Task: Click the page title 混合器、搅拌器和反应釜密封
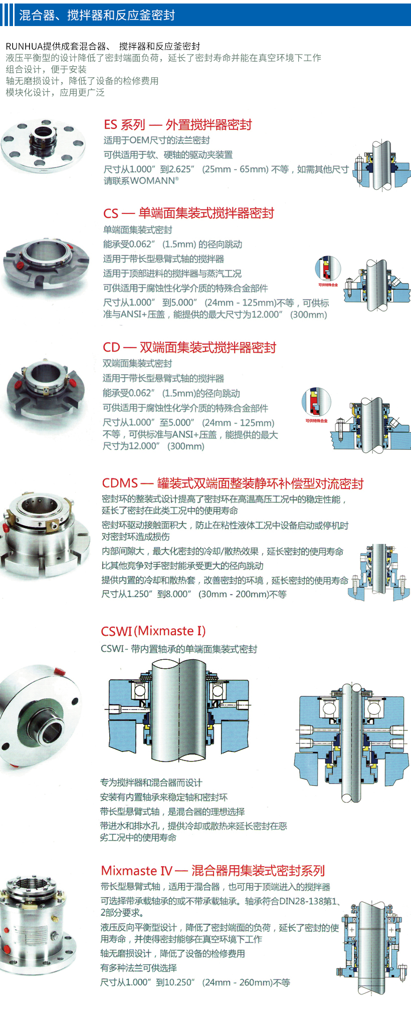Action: click(x=97, y=15)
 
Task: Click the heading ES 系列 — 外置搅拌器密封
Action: click(x=177, y=125)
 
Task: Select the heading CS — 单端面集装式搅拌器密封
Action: click(x=188, y=213)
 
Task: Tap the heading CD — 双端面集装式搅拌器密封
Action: click(x=189, y=348)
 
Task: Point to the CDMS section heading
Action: click(x=233, y=483)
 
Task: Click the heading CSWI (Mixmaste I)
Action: click(x=153, y=631)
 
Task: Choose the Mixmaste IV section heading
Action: click(x=213, y=871)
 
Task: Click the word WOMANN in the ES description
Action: click(x=152, y=181)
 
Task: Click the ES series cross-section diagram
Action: click(x=381, y=165)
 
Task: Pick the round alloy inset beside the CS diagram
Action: click(x=328, y=269)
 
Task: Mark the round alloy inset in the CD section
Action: click(x=316, y=402)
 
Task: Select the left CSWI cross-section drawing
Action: click(x=178, y=711)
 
